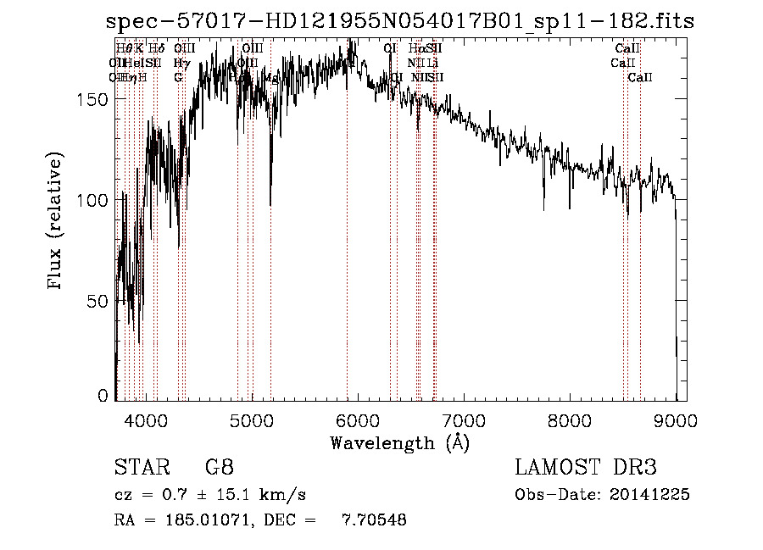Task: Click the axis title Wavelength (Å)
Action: (399, 442)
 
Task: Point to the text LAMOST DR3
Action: (586, 467)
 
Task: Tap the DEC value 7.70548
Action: (374, 519)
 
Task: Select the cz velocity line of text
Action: (209, 494)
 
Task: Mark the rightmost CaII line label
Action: (640, 78)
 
